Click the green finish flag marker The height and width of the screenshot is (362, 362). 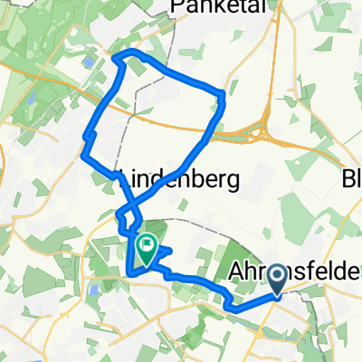[146, 245]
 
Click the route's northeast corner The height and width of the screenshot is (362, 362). [222, 94]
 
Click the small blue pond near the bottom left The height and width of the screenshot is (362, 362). [92, 291]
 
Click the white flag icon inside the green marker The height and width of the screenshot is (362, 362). [146, 243]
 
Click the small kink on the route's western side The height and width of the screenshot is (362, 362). [88, 136]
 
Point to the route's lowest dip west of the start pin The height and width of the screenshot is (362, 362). [233, 307]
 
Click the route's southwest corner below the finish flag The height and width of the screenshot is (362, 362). [132, 271]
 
